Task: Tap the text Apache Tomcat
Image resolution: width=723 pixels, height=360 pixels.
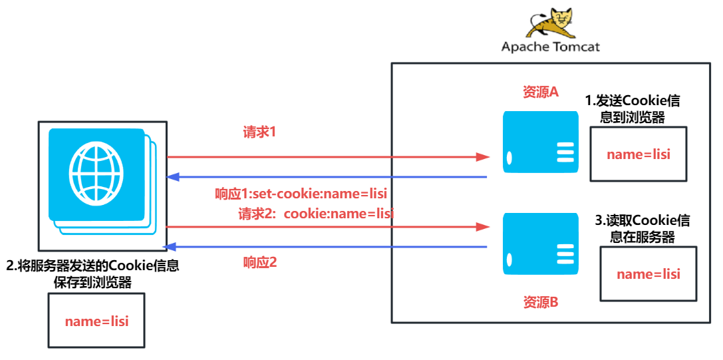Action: pos(551,47)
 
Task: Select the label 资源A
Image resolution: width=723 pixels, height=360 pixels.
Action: pos(540,92)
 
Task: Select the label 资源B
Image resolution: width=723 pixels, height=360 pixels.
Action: pos(540,302)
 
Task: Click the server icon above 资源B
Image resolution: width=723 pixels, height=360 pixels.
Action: pos(540,244)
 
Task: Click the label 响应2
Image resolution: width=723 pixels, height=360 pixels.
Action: pos(260,263)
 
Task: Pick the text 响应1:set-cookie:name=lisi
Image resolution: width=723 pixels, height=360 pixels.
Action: pos(301,194)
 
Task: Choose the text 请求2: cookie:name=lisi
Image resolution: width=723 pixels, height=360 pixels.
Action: pos(316,214)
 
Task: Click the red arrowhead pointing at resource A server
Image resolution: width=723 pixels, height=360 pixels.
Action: pos(482,158)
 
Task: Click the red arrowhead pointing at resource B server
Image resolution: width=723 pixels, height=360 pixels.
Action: pos(482,227)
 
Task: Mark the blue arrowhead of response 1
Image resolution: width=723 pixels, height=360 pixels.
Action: pos(174,177)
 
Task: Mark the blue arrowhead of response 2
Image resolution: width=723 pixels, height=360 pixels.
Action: pos(174,247)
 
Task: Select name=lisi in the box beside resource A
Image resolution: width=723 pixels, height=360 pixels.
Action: pos(638,154)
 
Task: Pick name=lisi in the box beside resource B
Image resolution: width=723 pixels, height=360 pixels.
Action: pos(649,274)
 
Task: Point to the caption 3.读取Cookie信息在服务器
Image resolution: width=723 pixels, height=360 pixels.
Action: pos(643,229)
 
